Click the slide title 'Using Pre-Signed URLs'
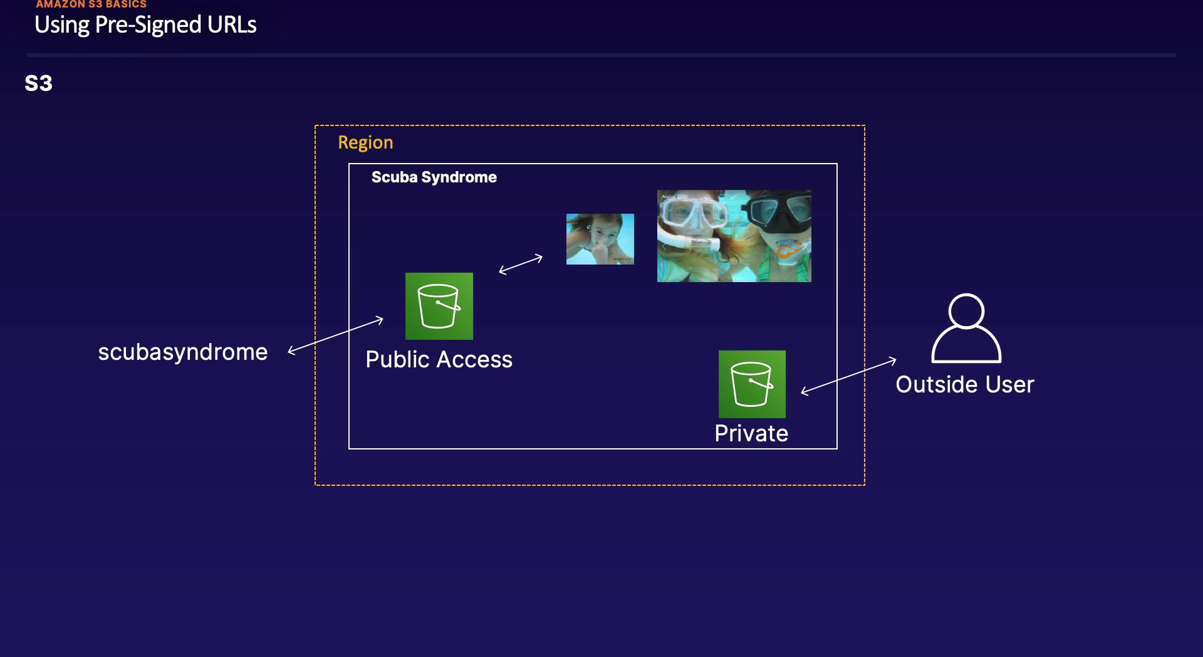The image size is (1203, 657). tap(145, 25)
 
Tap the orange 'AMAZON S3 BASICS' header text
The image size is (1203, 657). tap(91, 4)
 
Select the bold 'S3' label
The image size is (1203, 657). tap(39, 83)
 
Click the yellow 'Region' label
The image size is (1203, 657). tap(365, 142)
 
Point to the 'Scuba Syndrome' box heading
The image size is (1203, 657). tap(434, 177)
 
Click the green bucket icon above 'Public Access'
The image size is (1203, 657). tap(439, 306)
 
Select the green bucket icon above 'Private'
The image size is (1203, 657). tap(752, 384)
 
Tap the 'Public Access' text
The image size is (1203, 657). tap(439, 360)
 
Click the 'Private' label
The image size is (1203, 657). tap(751, 433)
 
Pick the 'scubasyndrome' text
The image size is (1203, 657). tap(183, 352)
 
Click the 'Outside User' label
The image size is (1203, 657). tap(965, 384)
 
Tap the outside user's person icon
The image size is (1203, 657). tap(966, 328)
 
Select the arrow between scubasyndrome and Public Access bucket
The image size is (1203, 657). tap(335, 335)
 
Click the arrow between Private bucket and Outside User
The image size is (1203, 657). tap(849, 376)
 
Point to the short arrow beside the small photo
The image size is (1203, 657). tap(521, 264)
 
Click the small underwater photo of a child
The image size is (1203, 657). tap(600, 239)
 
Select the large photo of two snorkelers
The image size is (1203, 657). tap(734, 236)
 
